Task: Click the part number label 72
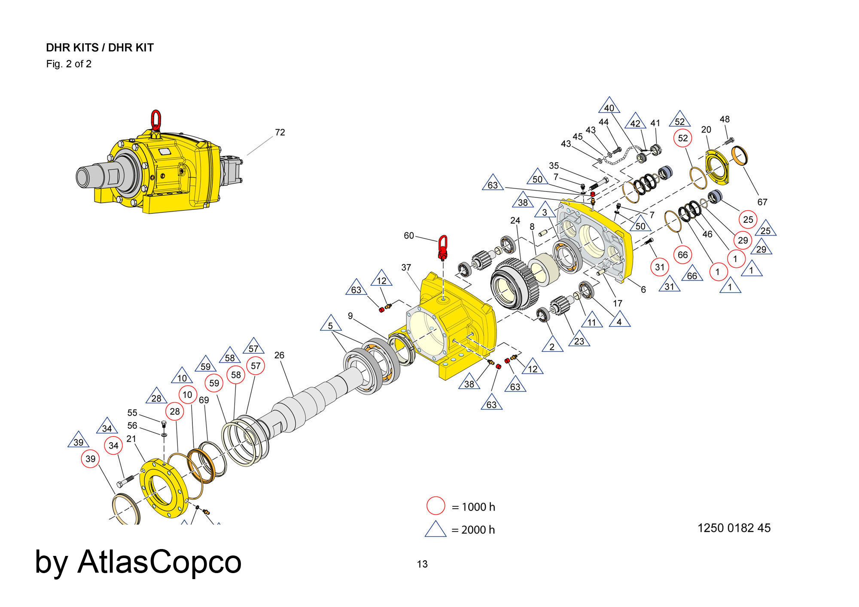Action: (x=280, y=132)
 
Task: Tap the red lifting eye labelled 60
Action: (x=443, y=247)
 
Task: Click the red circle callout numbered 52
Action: (x=682, y=138)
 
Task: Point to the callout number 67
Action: (x=762, y=202)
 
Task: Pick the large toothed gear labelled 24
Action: (x=514, y=284)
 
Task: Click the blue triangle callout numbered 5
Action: (x=330, y=325)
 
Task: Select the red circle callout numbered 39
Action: (x=90, y=458)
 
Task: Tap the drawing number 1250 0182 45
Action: (x=734, y=528)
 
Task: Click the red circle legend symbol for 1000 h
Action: (x=436, y=506)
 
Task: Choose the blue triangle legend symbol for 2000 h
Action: (x=436, y=530)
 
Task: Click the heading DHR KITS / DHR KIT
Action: (x=100, y=48)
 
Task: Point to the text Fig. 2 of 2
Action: (x=69, y=64)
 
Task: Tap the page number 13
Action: (x=422, y=564)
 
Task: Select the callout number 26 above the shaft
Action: (x=279, y=355)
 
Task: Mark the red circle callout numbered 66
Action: (x=682, y=255)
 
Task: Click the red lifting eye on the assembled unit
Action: (x=156, y=119)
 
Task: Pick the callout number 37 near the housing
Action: (x=406, y=267)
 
